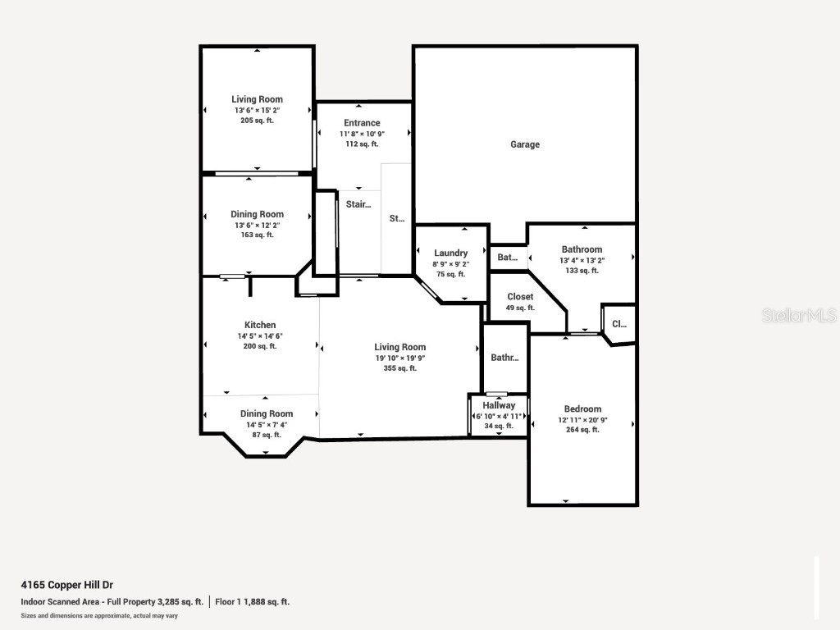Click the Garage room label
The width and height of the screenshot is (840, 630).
coord(525,144)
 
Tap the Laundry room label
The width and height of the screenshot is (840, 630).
coord(451,253)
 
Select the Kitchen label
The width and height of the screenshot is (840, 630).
coord(260,325)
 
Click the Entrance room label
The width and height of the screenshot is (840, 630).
coord(362,123)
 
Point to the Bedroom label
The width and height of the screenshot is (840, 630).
coord(582,409)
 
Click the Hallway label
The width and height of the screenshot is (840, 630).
coord(499,405)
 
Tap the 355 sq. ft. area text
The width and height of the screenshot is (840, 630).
coord(400,368)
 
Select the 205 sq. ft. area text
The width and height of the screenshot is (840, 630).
coord(257,121)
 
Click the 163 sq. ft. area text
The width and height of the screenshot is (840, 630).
coord(257,235)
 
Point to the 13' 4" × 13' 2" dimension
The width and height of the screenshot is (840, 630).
coord(582,260)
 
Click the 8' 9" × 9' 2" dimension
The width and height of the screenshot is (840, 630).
coord(451,264)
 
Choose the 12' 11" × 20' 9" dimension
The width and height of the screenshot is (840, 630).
coord(582,419)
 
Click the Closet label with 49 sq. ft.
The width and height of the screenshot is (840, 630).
coord(520,297)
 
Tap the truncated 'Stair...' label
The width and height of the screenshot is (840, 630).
coord(358,205)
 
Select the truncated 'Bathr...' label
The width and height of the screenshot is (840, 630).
coord(504,358)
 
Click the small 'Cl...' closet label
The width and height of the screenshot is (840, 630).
coord(619,324)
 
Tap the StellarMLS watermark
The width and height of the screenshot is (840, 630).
coord(798,316)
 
